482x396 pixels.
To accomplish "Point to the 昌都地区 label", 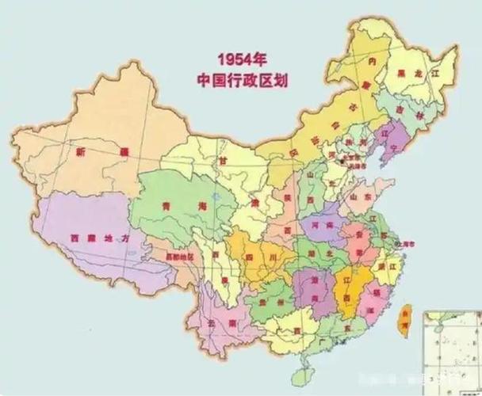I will click(x=180, y=257).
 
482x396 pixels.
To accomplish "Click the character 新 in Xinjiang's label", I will click(x=80, y=151).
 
